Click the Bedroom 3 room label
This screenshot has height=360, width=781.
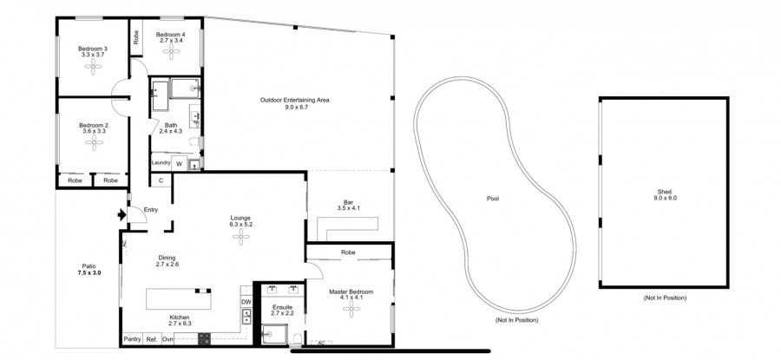(93, 48)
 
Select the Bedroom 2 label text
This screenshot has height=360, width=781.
(93, 125)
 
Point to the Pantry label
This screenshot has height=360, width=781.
(132, 339)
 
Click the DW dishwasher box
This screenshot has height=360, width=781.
(246, 302)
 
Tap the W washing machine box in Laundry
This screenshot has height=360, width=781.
(179, 163)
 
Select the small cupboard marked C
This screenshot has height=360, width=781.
(161, 180)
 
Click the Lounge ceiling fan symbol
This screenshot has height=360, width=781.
(240, 243)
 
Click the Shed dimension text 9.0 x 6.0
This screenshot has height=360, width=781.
(664, 199)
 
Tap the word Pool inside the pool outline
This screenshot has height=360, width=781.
(493, 199)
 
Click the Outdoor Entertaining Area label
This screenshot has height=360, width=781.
(294, 100)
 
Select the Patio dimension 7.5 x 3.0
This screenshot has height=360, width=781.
(89, 273)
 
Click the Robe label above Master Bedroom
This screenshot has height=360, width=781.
(348, 252)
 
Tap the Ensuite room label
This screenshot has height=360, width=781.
(282, 307)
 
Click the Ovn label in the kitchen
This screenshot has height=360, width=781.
(168, 339)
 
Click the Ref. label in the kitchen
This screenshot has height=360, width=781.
(151, 339)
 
